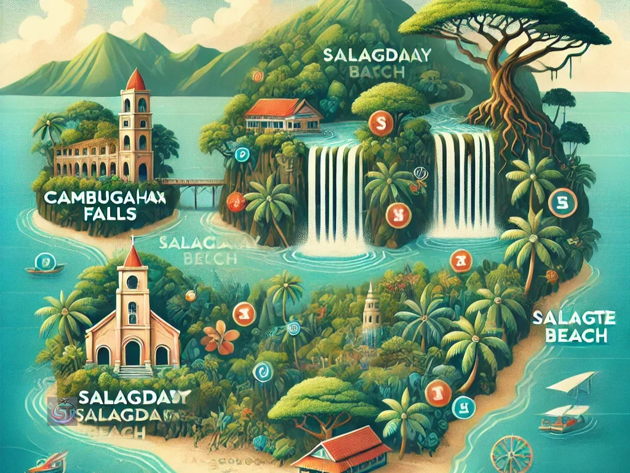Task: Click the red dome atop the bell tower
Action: tap(136, 81)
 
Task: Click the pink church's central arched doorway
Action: tap(132, 353)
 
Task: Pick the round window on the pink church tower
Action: tap(132, 283)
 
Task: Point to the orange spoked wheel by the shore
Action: tap(511, 455)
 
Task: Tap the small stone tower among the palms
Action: tap(370, 315)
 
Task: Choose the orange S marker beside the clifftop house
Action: tap(377, 126)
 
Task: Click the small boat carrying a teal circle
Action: tap(45, 265)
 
